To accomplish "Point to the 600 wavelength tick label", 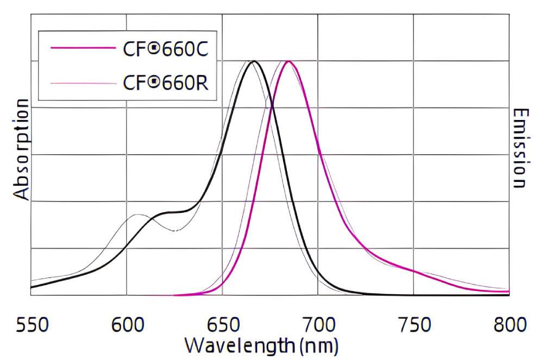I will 127,325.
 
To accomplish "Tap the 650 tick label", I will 222,325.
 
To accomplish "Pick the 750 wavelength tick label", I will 414,325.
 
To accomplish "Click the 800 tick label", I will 510,325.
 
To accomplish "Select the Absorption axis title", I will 21,149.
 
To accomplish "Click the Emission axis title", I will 519,148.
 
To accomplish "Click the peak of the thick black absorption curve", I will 253,61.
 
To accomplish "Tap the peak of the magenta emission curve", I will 288,61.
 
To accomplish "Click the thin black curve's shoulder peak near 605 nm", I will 137,215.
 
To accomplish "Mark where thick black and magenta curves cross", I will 272,106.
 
